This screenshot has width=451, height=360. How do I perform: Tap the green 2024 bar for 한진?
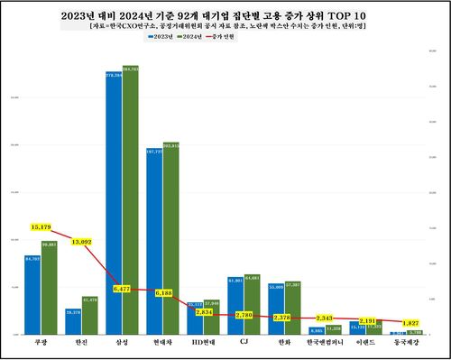tap(89, 316)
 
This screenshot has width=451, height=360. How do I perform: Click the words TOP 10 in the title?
tap(353, 15)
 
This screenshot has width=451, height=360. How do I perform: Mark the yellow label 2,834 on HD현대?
tap(204, 311)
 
